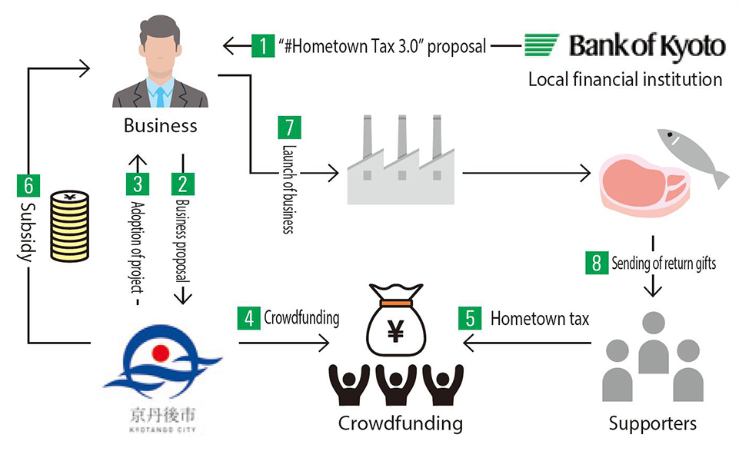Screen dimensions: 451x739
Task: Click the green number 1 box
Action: (263, 46)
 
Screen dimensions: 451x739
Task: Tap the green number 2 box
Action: (183, 184)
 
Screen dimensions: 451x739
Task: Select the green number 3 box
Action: (136, 184)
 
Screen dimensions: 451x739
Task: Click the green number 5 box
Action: (470, 318)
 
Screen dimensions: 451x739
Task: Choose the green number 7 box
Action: (290, 128)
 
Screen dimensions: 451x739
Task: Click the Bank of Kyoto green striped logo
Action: (542, 46)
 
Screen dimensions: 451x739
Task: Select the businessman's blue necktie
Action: (160, 94)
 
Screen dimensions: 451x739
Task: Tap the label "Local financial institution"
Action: (624, 79)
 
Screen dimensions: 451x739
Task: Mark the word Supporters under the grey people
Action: (652, 423)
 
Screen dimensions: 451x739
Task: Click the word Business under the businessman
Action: (160, 125)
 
